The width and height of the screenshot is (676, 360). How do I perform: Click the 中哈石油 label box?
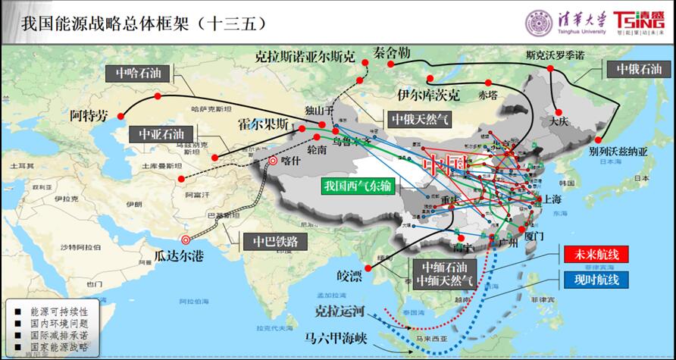tap(139, 74)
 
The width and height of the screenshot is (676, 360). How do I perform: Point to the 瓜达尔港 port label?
tap(179, 255)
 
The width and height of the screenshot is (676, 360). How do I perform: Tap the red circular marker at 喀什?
tap(273, 161)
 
